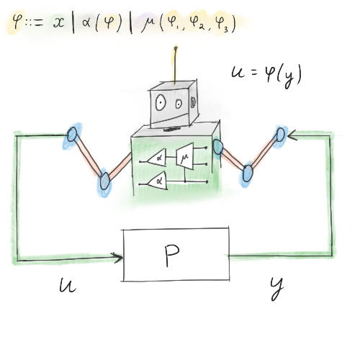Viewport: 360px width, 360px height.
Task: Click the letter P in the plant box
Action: click(172, 255)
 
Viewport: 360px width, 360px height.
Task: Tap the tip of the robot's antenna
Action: click(176, 48)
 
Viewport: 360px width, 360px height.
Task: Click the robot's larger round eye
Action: click(161, 102)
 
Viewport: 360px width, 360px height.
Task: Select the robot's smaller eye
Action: click(179, 104)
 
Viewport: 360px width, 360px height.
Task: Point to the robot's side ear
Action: click(193, 102)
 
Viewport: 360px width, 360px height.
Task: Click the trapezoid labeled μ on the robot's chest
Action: click(184, 156)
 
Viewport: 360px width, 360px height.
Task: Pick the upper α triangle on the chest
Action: click(157, 158)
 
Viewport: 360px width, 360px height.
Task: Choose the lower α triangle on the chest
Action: click(158, 181)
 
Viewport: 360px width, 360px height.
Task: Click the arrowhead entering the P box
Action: click(117, 257)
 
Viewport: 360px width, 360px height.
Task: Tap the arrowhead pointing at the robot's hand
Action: click(292, 135)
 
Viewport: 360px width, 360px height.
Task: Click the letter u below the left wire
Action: click(68, 285)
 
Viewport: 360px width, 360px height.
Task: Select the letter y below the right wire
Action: click(277, 288)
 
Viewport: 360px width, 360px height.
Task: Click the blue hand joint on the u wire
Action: click(72, 135)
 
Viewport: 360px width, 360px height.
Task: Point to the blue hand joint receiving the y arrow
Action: click(280, 135)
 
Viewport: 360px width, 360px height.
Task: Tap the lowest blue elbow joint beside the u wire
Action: click(104, 181)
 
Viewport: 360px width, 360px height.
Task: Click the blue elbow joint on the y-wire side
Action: click(248, 173)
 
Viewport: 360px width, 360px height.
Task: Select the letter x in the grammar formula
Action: click(58, 22)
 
